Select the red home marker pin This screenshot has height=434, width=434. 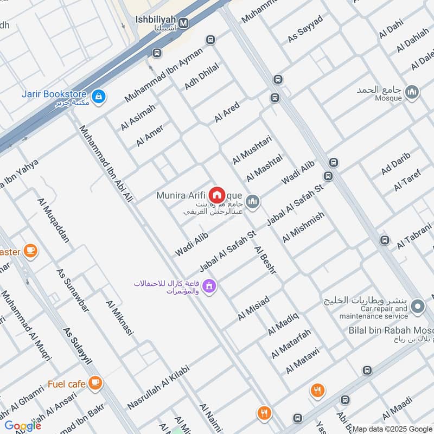tap(217, 194)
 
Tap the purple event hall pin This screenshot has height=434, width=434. tap(209, 285)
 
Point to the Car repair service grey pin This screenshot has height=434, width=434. tap(418, 308)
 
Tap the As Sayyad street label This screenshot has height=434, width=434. tap(305, 29)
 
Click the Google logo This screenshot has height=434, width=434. tap(22, 426)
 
